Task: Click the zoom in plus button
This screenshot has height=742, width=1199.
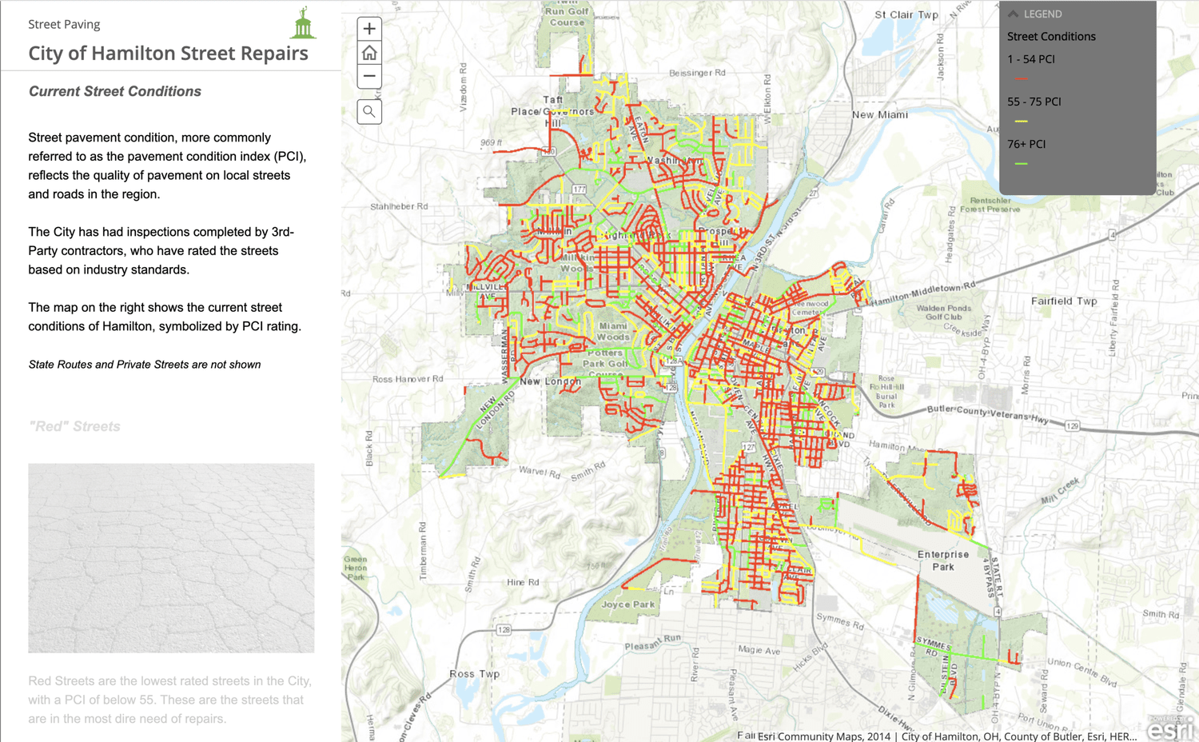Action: pyautogui.click(x=369, y=30)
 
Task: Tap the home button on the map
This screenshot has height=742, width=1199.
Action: pyautogui.click(x=369, y=54)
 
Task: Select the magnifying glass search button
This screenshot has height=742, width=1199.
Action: pyautogui.click(x=369, y=112)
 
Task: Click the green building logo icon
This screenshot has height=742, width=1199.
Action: pyautogui.click(x=303, y=23)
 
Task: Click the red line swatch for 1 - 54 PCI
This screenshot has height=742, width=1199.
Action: pyautogui.click(x=1021, y=79)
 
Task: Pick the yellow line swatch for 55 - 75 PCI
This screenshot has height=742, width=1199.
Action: pyautogui.click(x=1021, y=122)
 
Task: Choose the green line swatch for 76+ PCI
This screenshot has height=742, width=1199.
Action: pyautogui.click(x=1021, y=164)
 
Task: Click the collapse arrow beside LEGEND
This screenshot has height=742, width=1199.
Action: pyautogui.click(x=1013, y=14)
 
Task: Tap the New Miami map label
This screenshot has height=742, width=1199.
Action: pyautogui.click(x=879, y=114)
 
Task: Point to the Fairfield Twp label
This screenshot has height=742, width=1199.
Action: pyautogui.click(x=1063, y=301)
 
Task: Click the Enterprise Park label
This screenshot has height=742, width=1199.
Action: pyautogui.click(x=943, y=560)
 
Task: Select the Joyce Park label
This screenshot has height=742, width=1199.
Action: pyautogui.click(x=628, y=604)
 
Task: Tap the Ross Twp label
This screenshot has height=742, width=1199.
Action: pyautogui.click(x=474, y=674)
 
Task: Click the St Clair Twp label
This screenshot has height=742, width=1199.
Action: pyautogui.click(x=906, y=15)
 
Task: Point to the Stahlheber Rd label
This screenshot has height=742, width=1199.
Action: pyautogui.click(x=399, y=206)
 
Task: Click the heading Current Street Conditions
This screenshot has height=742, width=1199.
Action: pyautogui.click(x=115, y=91)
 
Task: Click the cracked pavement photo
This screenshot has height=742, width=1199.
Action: pyautogui.click(x=171, y=558)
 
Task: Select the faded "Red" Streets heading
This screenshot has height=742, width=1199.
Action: pyautogui.click(x=74, y=426)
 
